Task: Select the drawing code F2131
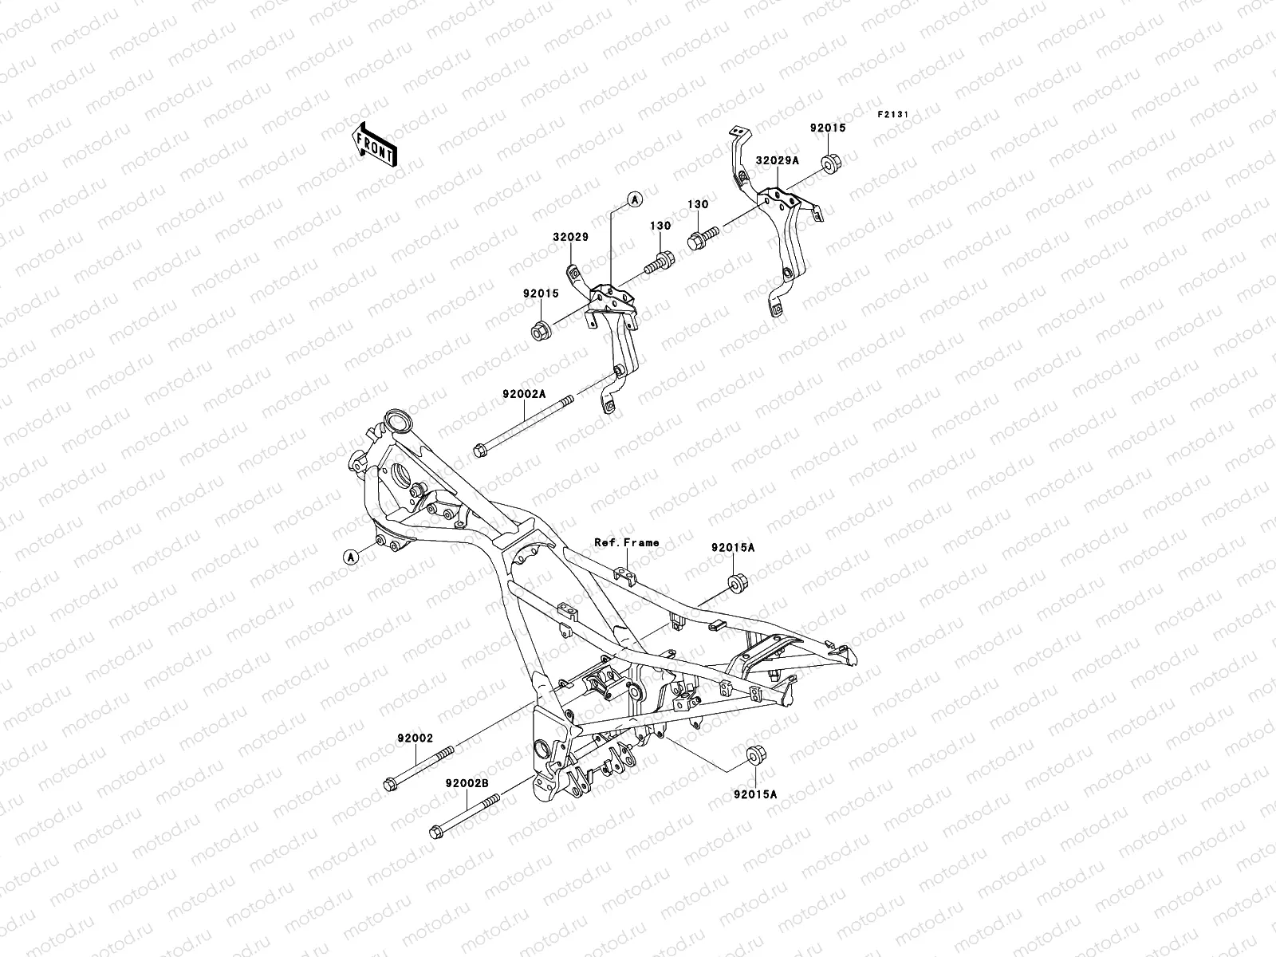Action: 893,114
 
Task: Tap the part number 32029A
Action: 778,160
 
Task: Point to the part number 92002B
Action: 467,782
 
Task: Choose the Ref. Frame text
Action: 627,542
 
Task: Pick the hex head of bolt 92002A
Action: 479,451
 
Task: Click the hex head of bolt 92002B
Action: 436,832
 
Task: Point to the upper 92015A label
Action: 733,548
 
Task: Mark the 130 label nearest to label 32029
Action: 661,226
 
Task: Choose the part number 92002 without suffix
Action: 415,738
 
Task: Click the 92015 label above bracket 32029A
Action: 829,128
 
